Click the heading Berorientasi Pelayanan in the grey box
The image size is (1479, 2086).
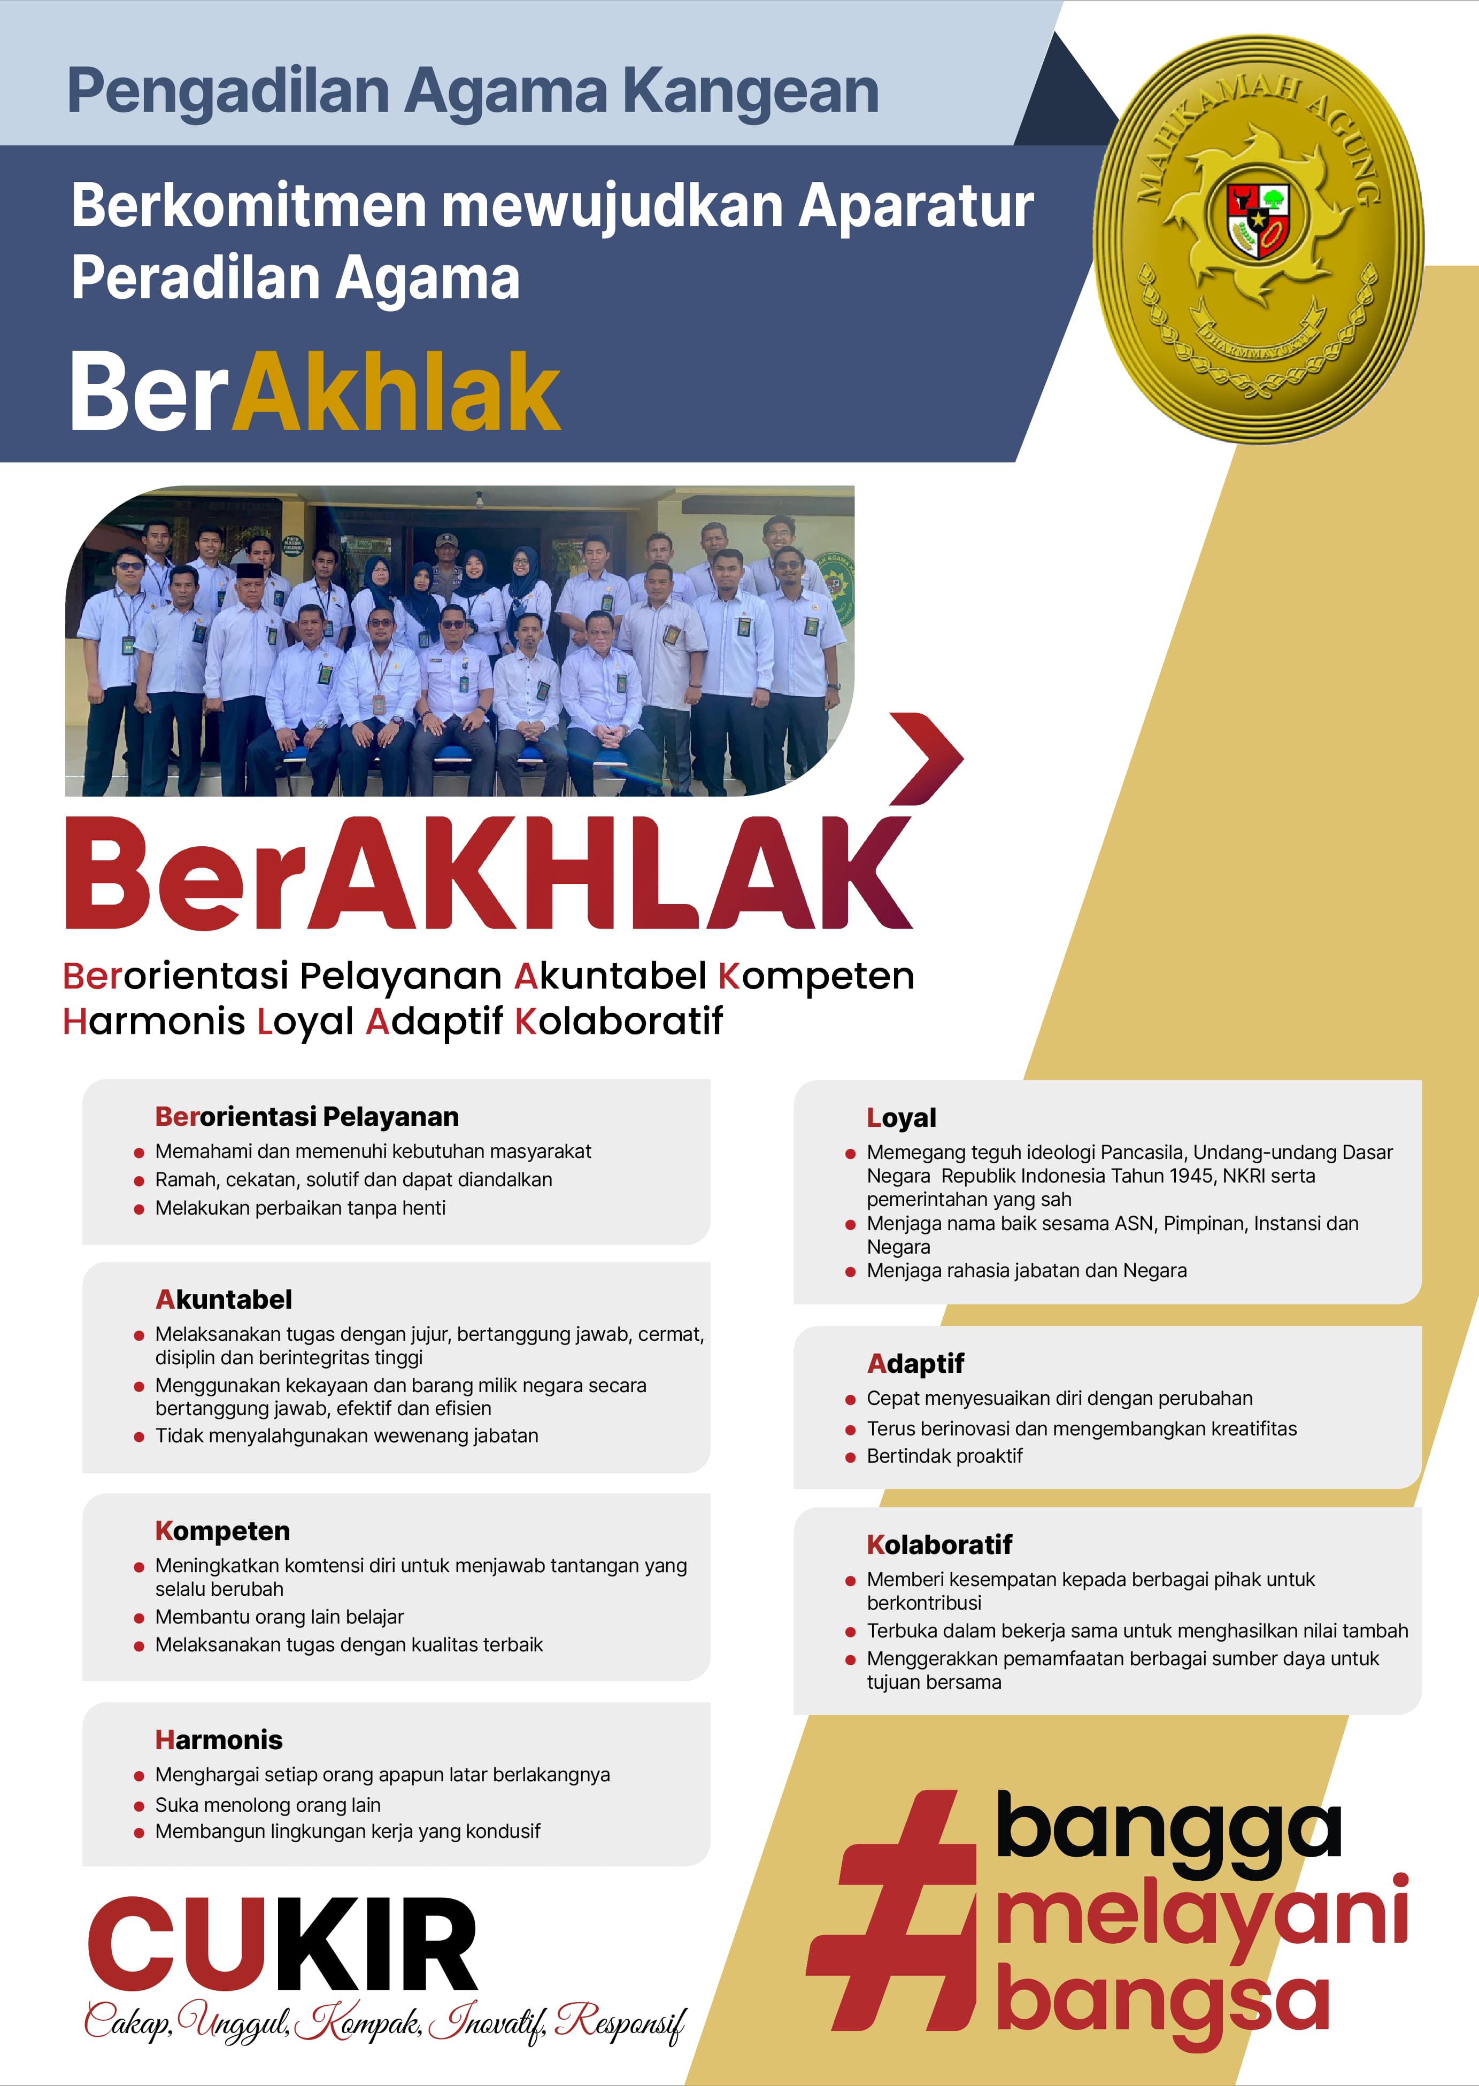click(x=307, y=1116)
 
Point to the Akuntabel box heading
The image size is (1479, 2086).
click(x=224, y=1299)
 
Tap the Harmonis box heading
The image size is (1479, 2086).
click(x=219, y=1740)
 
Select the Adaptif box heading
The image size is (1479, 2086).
click(x=915, y=1363)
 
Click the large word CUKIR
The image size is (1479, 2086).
click(x=282, y=1946)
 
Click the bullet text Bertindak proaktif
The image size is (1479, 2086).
click(x=944, y=1456)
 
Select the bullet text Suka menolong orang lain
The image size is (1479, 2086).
click(x=268, y=1805)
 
